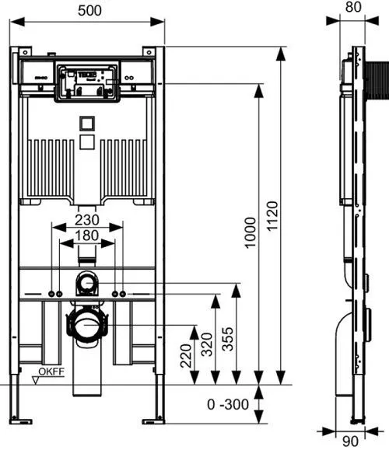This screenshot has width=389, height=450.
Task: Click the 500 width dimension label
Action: coord(89,11)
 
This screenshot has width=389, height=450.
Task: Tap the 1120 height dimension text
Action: coord(272,216)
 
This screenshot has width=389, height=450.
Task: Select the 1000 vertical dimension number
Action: coord(250,232)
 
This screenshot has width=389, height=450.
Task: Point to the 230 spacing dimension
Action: coord(87,220)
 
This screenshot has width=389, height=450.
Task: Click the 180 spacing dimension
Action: coord(87,235)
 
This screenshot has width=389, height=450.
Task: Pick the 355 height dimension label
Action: coord(228,339)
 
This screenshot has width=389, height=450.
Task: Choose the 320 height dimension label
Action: coord(207,344)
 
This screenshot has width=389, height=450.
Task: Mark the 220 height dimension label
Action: coord(186,356)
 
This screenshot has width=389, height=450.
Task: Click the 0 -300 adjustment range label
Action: coord(228,404)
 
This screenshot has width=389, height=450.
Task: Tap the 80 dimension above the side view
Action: coord(353,7)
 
